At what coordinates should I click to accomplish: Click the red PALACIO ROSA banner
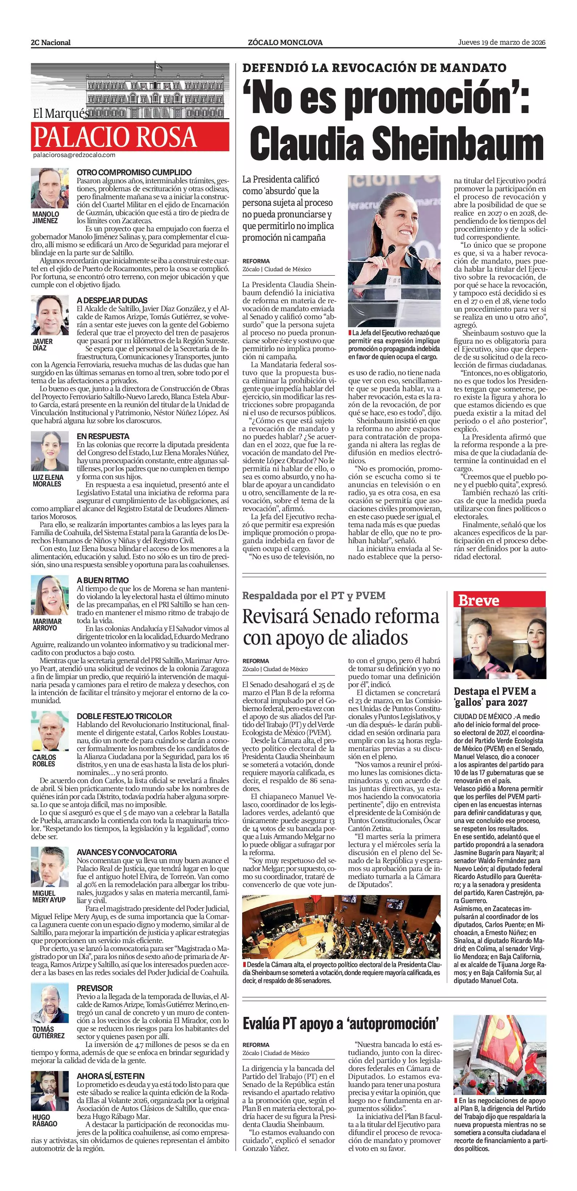point(130,137)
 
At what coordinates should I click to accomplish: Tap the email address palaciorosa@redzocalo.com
point(74,155)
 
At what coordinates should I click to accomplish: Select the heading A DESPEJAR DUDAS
point(112,300)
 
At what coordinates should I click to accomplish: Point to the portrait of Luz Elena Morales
point(49,451)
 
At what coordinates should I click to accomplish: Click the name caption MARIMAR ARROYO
point(47,625)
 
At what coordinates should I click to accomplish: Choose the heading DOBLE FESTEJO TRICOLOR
point(124,716)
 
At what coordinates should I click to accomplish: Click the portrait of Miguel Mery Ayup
point(49,867)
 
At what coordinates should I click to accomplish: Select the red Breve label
point(478,600)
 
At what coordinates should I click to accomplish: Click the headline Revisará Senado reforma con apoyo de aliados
point(341,627)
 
